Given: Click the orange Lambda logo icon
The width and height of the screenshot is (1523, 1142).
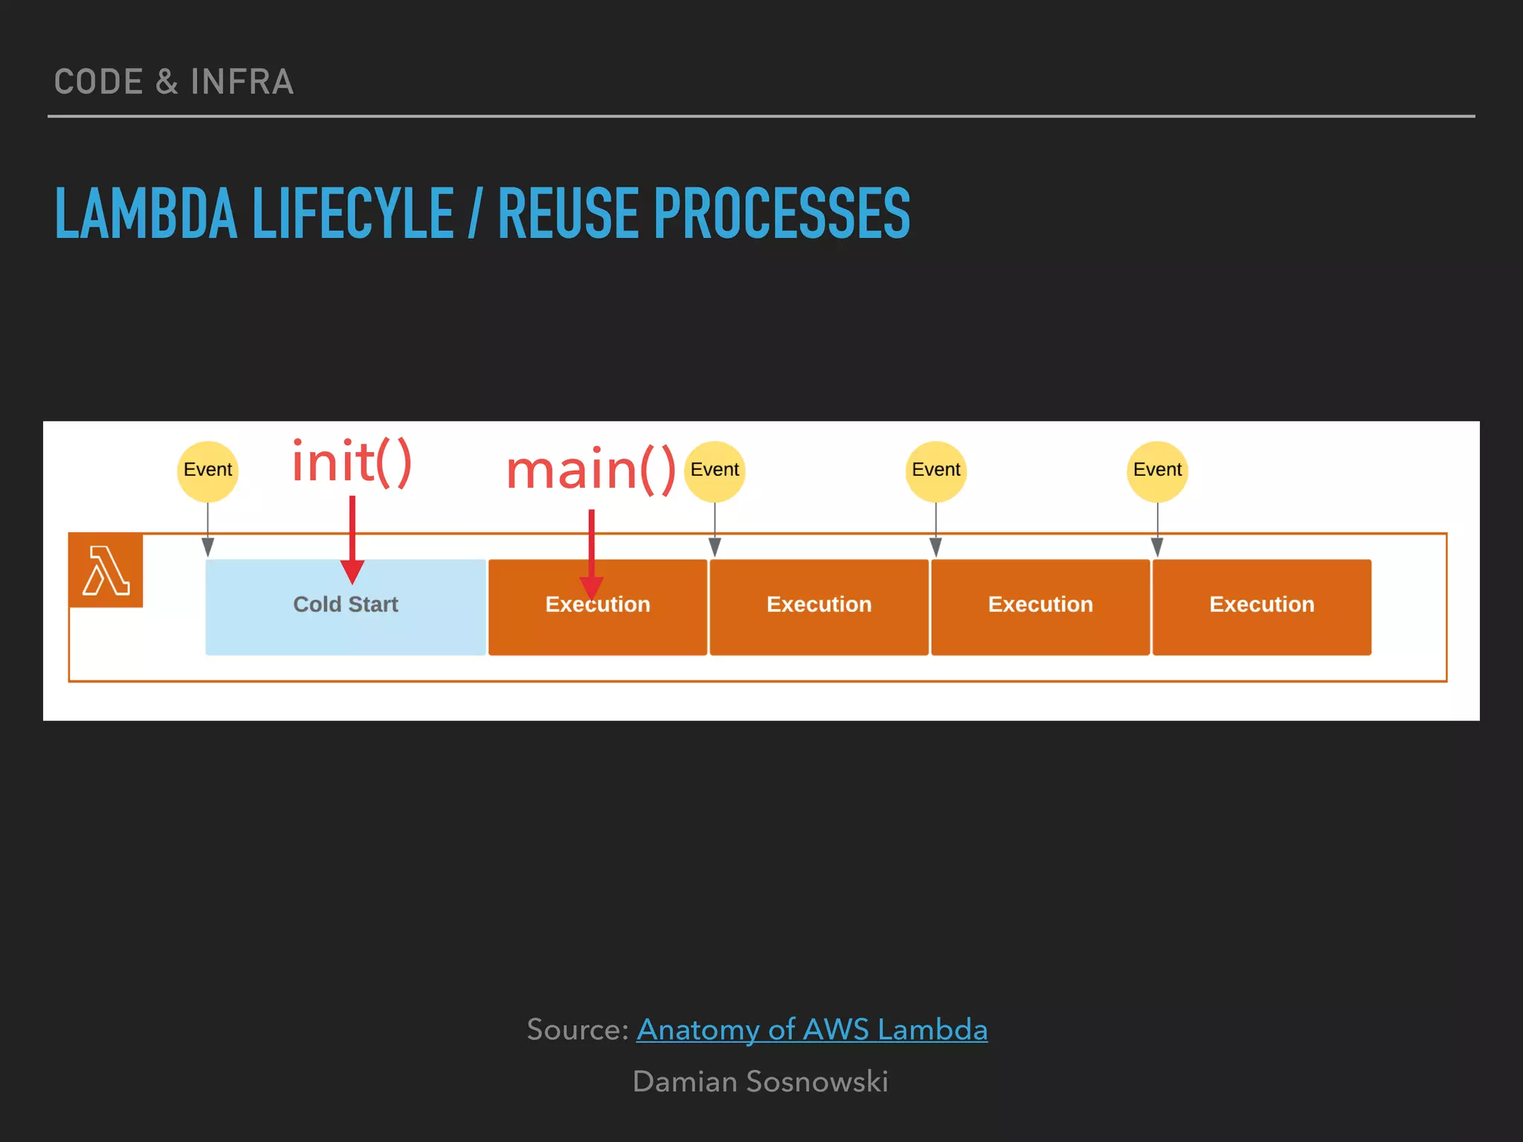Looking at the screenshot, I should pyautogui.click(x=106, y=570).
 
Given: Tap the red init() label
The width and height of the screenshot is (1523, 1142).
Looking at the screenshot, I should pyautogui.click(x=352, y=462).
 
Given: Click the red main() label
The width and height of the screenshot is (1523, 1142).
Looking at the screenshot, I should pyautogui.click(x=590, y=470).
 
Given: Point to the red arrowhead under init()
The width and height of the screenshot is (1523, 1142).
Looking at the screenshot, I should pyautogui.click(x=352, y=572).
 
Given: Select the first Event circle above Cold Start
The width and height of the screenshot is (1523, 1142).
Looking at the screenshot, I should pyautogui.click(x=207, y=470).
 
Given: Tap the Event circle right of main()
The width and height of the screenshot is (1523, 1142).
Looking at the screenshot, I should pyautogui.click(x=714, y=470).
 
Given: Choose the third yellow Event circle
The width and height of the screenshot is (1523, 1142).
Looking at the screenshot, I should pyautogui.click(x=936, y=470).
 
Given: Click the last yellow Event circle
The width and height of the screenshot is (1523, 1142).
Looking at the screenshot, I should pyautogui.click(x=1157, y=470).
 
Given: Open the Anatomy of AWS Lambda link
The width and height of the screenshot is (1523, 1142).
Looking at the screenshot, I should pyautogui.click(x=811, y=1030).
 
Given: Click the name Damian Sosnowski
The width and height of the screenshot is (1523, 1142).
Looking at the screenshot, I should pyautogui.click(x=760, y=1082).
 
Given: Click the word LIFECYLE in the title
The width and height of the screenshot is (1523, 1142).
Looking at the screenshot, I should pyautogui.click(x=353, y=214).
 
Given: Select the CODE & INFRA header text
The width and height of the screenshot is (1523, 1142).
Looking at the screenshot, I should pyautogui.click(x=174, y=82).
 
